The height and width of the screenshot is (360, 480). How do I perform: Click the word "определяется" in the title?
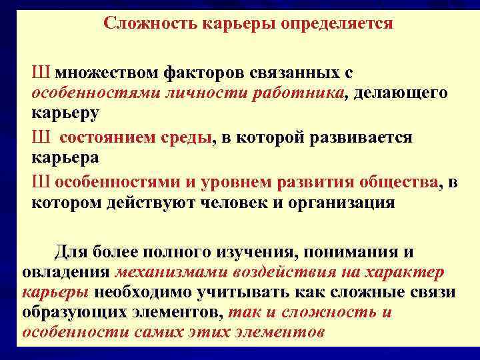click(338, 24)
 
